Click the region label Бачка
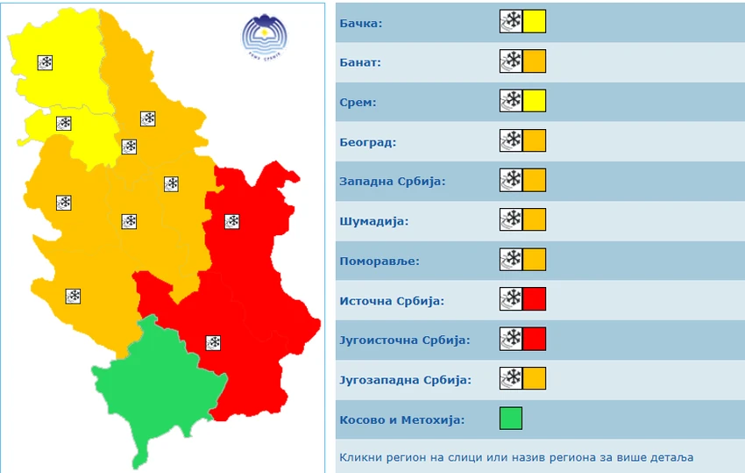pos(360,23)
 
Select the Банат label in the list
pos(360,62)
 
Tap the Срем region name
pos(358,102)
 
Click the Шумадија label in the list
pos(374,221)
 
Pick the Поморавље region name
pos(380,261)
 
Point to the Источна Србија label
pos(392,301)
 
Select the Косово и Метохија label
pos(401,419)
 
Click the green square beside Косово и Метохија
pos(511,418)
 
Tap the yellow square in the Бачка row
pos(535,21)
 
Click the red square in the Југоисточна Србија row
pos(535,339)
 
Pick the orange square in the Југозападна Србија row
pos(535,378)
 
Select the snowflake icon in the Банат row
pos(511,61)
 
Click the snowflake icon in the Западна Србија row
pos(511,180)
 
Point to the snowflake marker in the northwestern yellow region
pos(46,62)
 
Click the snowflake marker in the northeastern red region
pos(232,221)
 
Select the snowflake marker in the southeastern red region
pos(213,342)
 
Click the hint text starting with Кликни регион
pos(515,457)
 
